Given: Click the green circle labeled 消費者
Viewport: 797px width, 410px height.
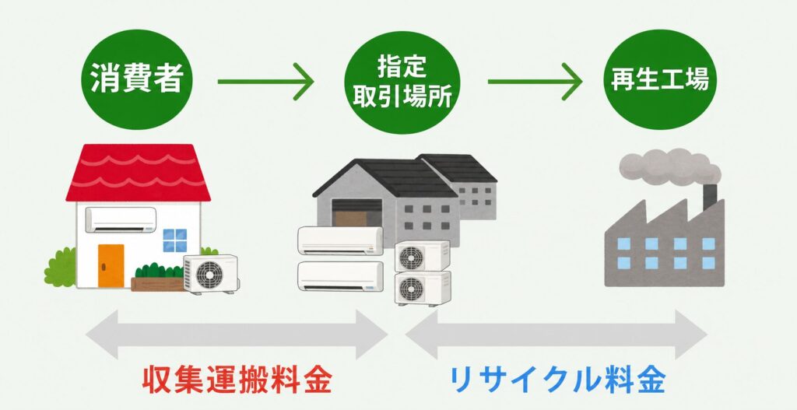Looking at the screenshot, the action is point(137,80).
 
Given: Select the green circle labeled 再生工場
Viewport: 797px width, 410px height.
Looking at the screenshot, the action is point(659,79).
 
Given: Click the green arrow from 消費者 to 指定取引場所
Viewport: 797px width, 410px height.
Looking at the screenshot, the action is point(265,81).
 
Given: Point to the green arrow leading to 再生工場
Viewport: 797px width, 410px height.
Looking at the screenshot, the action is point(535,81).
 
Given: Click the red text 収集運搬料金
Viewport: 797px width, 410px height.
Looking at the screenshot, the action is point(237,380).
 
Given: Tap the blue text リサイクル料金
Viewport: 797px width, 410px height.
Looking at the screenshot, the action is point(557,380).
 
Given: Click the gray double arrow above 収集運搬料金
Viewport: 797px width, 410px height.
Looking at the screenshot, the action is point(237,335).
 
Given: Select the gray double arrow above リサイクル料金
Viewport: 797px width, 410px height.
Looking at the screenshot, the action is point(556,335).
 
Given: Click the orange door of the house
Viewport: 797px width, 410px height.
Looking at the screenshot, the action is point(111,266).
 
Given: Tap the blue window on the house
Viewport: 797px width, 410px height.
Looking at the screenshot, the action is point(175,240).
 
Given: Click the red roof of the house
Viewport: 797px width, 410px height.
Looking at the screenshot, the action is point(139,173).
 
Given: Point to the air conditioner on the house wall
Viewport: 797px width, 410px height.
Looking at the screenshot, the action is point(121,219).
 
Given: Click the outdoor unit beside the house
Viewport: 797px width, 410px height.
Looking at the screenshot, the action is point(211,275).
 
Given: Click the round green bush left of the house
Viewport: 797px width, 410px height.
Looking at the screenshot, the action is point(60,267).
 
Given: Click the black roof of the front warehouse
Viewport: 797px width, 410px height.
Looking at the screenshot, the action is point(384,178).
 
